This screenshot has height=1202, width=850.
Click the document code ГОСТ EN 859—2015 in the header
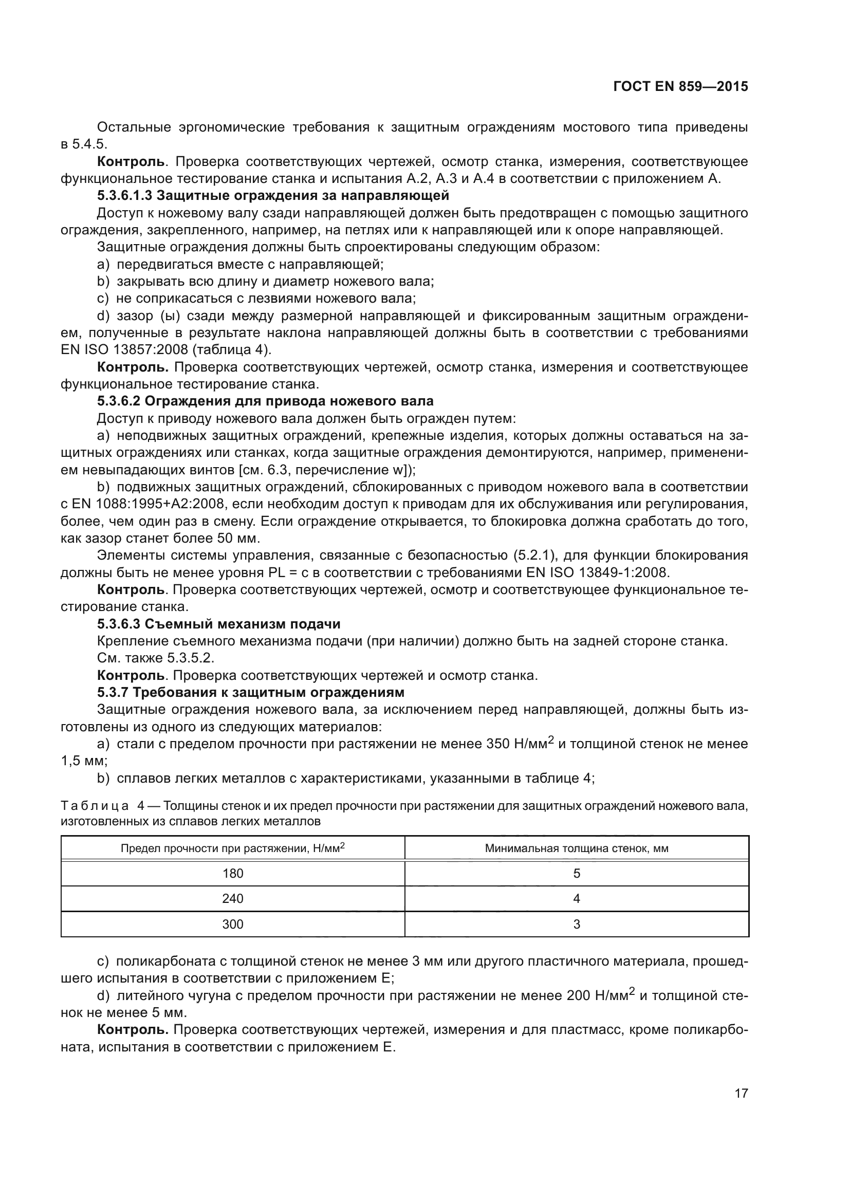pos(680,87)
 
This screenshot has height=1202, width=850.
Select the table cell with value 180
pos(232,873)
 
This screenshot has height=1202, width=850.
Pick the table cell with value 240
pos(232,898)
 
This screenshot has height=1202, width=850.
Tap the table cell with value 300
pos(232,924)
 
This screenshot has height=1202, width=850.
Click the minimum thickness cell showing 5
pos(576,873)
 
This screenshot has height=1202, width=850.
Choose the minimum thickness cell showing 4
pos(576,898)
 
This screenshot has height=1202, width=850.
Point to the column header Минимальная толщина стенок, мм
pos(576,848)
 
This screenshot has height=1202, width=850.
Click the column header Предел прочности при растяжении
pos(232,848)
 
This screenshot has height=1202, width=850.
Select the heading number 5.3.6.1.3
pos(124,196)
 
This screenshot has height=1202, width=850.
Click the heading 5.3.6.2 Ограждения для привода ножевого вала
pos(265,401)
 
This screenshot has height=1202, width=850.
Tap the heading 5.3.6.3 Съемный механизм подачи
pos(219,624)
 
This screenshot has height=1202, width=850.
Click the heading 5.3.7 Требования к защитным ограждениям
pos(251,693)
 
